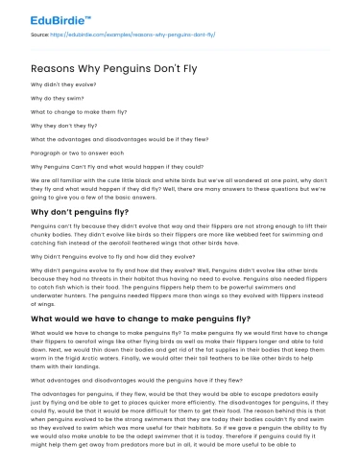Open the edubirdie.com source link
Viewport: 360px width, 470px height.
(x=133, y=35)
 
